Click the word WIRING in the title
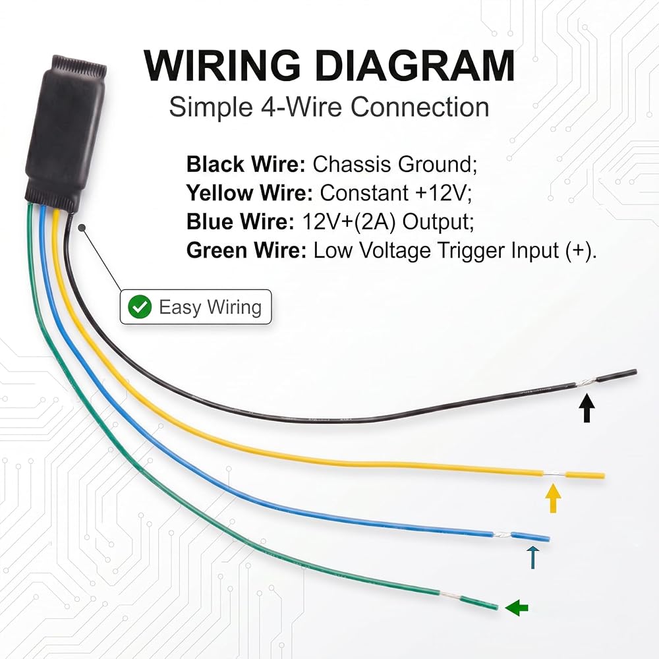click(x=222, y=65)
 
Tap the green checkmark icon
click(x=140, y=307)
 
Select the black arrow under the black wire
click(x=587, y=408)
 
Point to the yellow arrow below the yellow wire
click(x=553, y=498)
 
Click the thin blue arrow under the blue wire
click(x=533, y=558)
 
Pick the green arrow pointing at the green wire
click(x=517, y=608)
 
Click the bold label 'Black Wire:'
click(x=246, y=164)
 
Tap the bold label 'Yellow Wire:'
click(x=250, y=193)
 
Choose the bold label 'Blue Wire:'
click(x=241, y=221)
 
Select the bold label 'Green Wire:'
click(x=246, y=250)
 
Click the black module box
click(x=66, y=132)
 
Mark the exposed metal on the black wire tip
click(x=586, y=382)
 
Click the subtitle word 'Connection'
click(x=419, y=107)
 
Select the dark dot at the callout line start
click(x=82, y=227)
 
